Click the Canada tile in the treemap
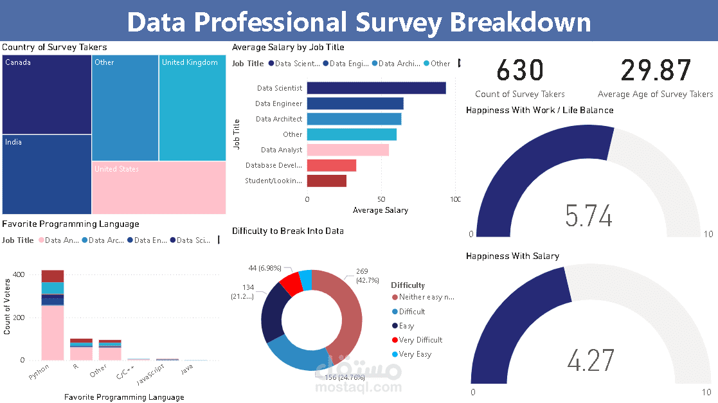pos(46,94)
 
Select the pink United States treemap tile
pos(159,187)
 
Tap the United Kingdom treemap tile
pos(192,107)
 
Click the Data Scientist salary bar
pos(376,88)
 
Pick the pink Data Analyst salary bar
pos(348,150)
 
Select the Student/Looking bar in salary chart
pos(327,181)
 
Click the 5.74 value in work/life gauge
pos(589,216)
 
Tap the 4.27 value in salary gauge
pos(591,361)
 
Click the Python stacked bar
pos(53,315)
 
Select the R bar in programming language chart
pos(81,349)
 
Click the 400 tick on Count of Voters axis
pos(19,274)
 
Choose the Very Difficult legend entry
pos(420,340)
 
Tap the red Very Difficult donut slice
pos(291,283)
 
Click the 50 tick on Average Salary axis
pos(381,200)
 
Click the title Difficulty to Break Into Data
pos(287,231)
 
